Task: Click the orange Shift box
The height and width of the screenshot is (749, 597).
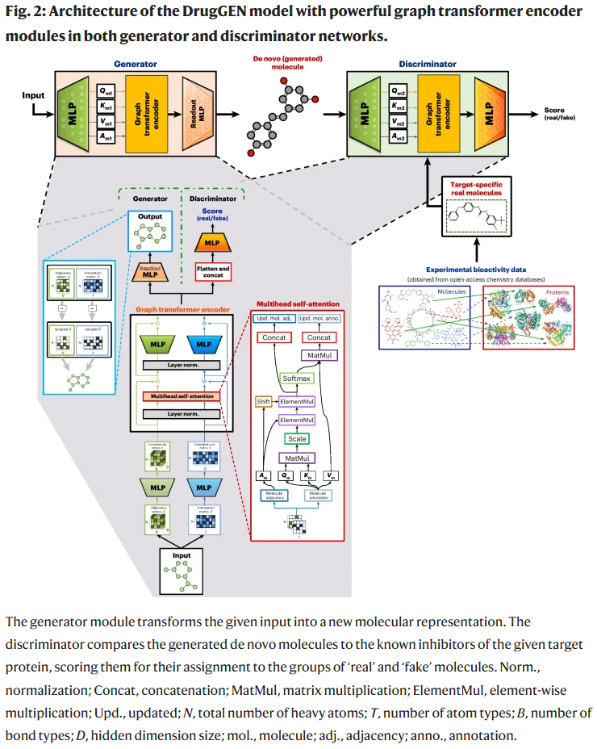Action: tap(263, 400)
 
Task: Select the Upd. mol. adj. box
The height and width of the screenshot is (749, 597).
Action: tap(275, 320)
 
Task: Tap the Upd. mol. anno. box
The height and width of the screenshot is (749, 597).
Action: tap(321, 320)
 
